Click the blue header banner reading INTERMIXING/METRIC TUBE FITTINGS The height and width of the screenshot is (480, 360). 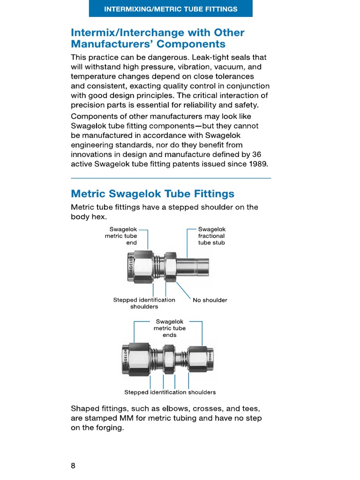pos(171,9)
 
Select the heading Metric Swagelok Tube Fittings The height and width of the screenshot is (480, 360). pos(152,194)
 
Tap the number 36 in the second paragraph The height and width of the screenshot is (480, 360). pos(256,154)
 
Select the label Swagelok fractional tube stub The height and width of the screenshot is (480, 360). pos(211,236)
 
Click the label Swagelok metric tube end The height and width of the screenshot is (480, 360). pos(121,236)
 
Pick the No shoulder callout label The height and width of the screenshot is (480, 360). pos(210,300)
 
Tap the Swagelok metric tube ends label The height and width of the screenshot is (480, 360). pos(170,328)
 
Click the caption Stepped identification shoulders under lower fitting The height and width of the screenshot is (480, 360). pos(170,392)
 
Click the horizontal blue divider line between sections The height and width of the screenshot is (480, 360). pos(171,178)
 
